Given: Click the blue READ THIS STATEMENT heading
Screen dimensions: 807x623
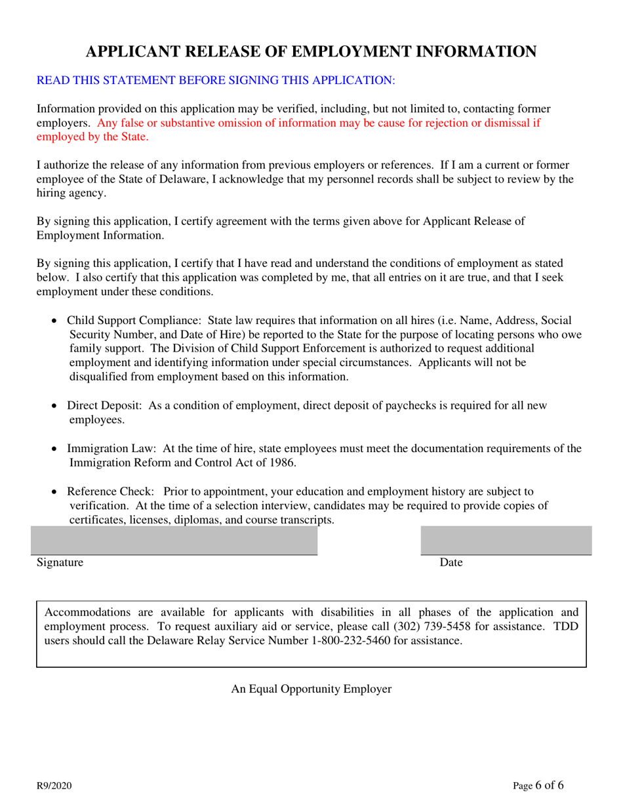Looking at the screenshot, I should tap(216, 81).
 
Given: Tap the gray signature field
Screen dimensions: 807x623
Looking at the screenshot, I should tap(174, 540).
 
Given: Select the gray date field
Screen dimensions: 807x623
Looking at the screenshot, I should tap(506, 540).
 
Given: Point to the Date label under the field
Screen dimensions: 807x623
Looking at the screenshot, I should tap(451, 563).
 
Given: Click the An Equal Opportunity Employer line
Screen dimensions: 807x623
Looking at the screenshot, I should tap(311, 689).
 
